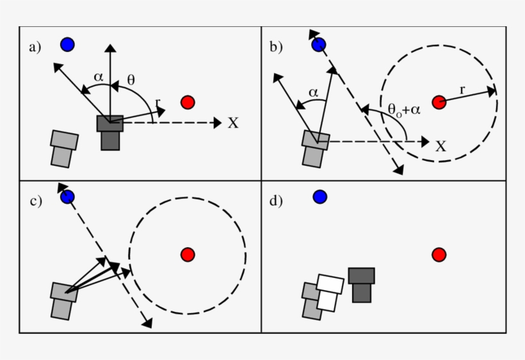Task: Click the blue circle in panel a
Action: click(67, 44)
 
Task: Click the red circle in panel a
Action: click(188, 102)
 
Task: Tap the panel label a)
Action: click(35, 47)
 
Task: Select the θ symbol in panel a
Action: click(131, 80)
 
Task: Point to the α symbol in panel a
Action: click(98, 77)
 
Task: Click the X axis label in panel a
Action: click(233, 123)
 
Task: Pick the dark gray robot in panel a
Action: click(110, 131)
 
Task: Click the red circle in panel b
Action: click(439, 102)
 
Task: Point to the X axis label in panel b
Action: click(440, 147)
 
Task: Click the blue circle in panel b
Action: click(319, 44)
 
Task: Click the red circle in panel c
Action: click(188, 254)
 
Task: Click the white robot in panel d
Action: click(329, 292)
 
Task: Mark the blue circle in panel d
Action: click(320, 197)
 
